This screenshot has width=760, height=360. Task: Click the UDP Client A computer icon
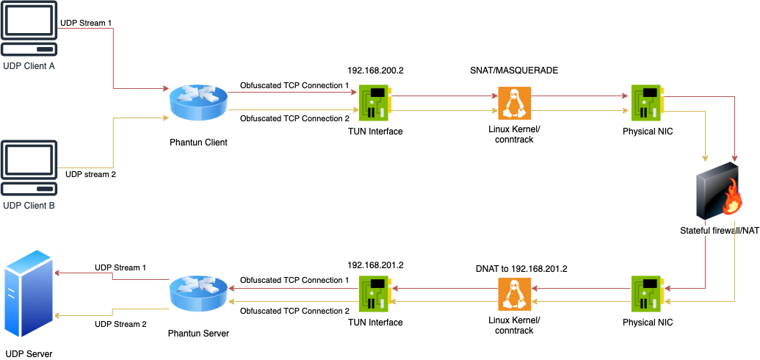coord(29,29)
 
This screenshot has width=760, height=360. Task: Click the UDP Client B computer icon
coord(29,168)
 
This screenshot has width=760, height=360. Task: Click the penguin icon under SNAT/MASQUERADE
coord(514,103)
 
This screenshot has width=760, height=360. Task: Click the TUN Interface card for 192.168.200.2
coord(375,103)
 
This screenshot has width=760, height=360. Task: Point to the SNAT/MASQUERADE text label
coord(514,71)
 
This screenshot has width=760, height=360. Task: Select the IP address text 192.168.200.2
coord(375,71)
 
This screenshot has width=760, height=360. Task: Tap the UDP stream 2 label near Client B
coord(90,175)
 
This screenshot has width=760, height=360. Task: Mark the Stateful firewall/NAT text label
coord(719,231)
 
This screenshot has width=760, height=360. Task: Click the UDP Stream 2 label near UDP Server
coord(120,324)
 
